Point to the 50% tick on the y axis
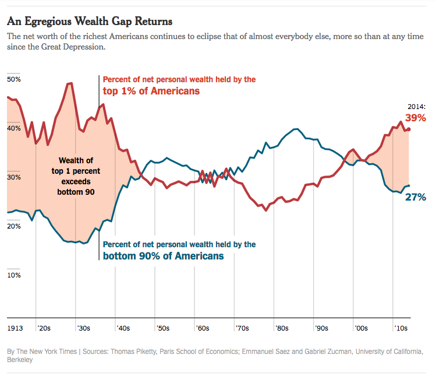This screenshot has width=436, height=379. point(13,79)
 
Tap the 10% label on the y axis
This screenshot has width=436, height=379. point(13,275)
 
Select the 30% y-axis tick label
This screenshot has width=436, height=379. point(13,177)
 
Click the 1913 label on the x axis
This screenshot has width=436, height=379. point(16,328)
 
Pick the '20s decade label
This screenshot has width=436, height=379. point(44,328)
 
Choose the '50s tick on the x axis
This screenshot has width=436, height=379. point(163,328)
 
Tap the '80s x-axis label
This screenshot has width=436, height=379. point(282,328)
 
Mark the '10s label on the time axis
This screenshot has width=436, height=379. point(400,328)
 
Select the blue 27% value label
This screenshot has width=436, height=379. point(416,197)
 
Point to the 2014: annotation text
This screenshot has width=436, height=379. point(416,107)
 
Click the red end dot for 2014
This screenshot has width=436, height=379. point(409,129)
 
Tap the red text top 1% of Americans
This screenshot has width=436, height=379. point(151,91)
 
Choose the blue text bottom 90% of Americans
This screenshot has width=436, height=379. point(163,256)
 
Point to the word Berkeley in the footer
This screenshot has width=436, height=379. point(20,360)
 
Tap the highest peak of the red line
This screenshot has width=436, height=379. point(70,83)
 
